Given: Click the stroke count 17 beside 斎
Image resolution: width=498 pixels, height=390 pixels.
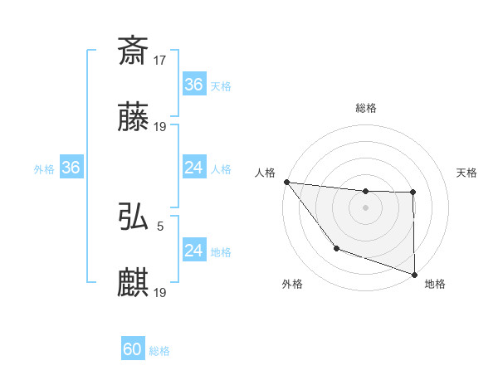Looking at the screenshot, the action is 160,59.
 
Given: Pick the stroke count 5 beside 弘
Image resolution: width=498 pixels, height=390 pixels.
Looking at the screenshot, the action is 160,225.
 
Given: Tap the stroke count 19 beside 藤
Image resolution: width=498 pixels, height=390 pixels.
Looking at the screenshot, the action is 160,127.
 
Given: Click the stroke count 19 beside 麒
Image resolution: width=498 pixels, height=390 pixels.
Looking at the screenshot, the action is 160,293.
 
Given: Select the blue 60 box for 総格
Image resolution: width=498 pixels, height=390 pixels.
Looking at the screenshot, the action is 133,349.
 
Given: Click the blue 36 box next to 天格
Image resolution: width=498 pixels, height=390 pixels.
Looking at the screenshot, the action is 193,85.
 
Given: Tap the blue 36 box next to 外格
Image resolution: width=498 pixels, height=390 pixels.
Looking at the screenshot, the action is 71,168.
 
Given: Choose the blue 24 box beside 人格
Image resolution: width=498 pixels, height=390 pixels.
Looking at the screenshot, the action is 193,168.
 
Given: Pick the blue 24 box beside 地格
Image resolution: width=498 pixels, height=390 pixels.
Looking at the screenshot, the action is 193,251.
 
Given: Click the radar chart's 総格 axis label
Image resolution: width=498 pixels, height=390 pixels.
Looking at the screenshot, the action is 366,108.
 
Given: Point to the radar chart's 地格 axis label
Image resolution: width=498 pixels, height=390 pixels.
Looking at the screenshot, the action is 435,284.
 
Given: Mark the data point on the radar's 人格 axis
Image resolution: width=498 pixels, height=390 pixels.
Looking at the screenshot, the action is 286,182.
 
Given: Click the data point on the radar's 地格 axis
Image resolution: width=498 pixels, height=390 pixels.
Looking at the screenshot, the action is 414,274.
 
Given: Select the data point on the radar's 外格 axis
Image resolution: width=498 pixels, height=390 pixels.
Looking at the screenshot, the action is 336,248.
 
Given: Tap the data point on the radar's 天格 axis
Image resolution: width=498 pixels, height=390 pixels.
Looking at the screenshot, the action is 413,193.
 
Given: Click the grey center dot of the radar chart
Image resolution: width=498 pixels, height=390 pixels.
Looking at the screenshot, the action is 365,207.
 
